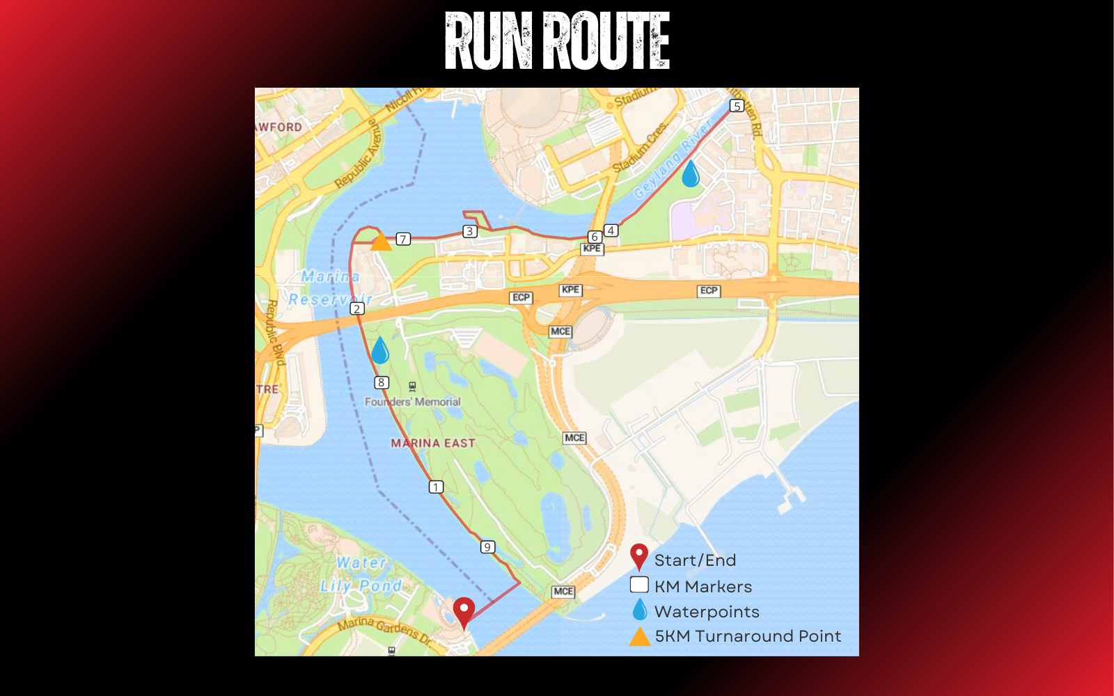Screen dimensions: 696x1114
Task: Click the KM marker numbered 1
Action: click(436, 487)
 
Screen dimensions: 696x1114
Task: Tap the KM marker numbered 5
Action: click(737, 106)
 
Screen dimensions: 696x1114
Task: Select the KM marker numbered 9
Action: click(487, 547)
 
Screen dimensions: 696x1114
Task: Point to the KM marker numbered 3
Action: click(470, 231)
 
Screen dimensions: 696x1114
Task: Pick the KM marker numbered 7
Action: click(403, 239)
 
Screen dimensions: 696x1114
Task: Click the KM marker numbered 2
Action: click(357, 309)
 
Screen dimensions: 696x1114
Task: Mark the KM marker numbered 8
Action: click(381, 382)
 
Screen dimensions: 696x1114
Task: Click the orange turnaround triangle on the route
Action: click(381, 242)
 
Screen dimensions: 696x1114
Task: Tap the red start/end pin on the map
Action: click(464, 612)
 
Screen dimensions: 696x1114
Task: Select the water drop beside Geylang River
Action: click(690, 174)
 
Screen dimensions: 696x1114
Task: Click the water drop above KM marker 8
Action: click(380, 351)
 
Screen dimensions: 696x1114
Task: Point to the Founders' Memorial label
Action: click(413, 402)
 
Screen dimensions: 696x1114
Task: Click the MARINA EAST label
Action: click(433, 443)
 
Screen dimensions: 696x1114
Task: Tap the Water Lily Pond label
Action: click(361, 574)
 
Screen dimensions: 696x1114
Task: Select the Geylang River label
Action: click(672, 159)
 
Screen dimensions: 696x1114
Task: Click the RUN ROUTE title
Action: click(557, 42)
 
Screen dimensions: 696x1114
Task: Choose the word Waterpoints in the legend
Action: click(707, 612)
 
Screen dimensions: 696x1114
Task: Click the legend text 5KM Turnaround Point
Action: click(748, 636)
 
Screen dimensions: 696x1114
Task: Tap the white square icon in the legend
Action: click(639, 585)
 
